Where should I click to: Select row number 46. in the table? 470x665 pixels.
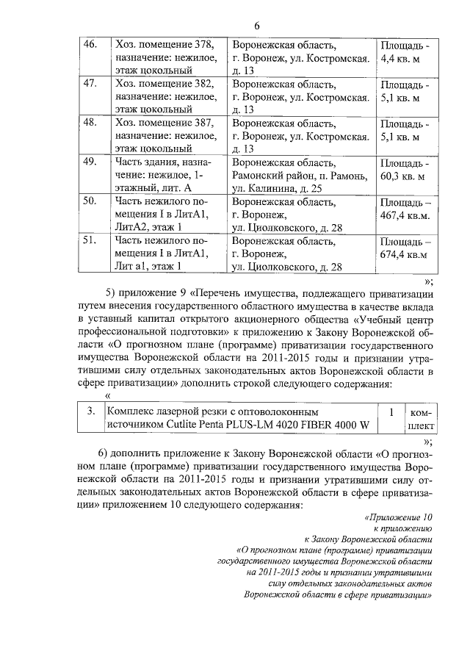tap(91, 44)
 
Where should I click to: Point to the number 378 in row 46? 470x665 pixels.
tap(203, 44)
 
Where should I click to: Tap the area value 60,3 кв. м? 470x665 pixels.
tap(404, 176)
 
